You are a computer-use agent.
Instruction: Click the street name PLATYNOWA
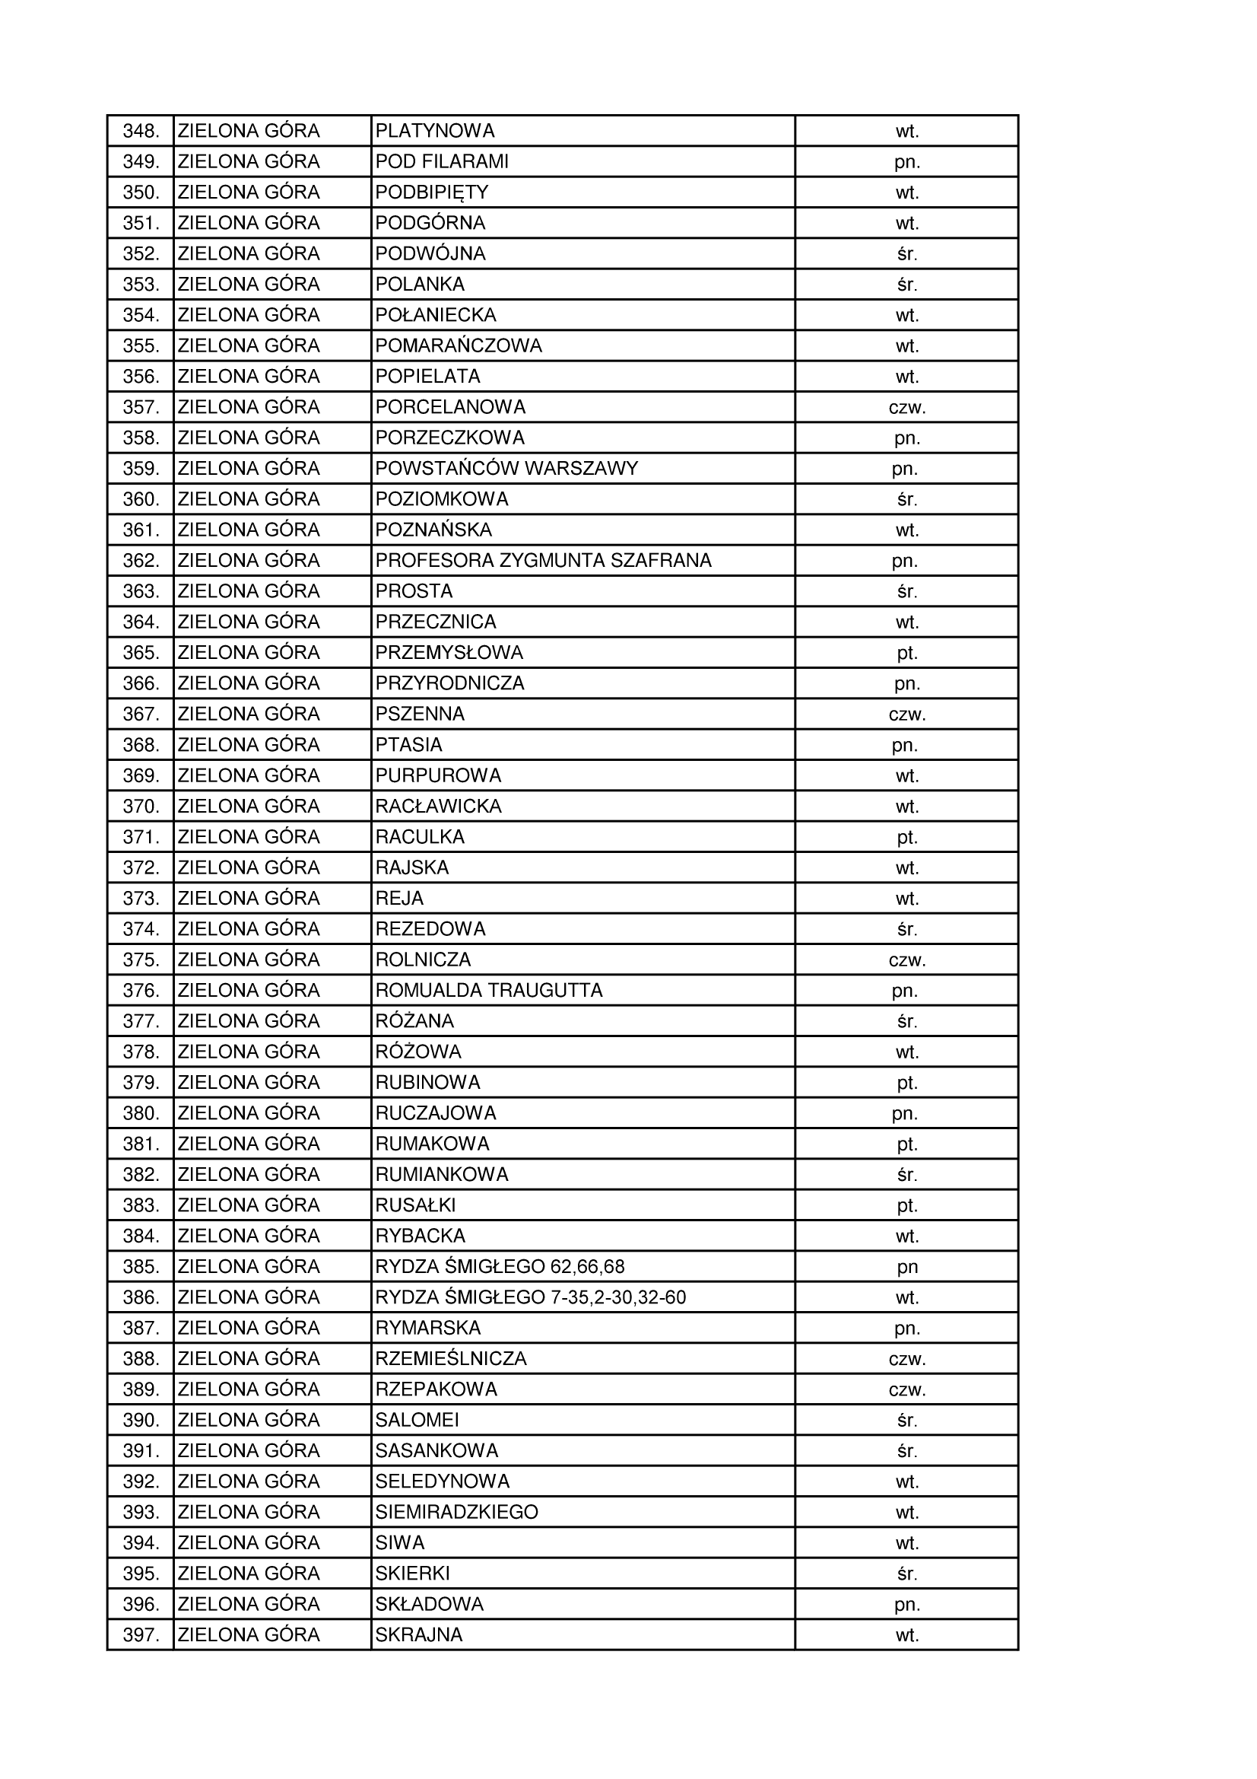point(434,131)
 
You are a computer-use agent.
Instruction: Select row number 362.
point(141,560)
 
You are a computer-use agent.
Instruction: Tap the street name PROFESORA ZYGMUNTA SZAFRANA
point(543,560)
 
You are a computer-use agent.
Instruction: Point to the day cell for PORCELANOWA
point(907,407)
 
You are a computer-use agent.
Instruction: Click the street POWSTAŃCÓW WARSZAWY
point(506,468)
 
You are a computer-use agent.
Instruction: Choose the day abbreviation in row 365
point(907,652)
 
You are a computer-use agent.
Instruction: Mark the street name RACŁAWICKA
point(438,806)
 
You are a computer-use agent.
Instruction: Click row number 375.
point(141,960)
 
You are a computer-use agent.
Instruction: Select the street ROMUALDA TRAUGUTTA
point(489,990)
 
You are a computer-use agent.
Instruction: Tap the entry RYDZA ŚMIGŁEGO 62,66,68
point(500,1266)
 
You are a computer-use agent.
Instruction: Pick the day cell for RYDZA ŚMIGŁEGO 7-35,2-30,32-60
point(907,1297)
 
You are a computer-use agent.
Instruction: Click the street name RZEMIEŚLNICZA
point(451,1358)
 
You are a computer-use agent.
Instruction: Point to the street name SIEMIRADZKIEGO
point(456,1512)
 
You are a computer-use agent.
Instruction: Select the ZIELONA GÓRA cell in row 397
point(249,1635)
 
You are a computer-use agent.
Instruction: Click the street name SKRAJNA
point(419,1635)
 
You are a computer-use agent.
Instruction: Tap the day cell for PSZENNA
point(907,714)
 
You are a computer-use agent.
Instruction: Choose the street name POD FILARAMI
point(443,161)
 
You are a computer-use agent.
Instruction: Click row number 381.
point(141,1144)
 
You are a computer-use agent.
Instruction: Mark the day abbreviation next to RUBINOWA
point(907,1083)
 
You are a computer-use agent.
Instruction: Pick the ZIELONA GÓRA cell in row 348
point(249,131)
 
